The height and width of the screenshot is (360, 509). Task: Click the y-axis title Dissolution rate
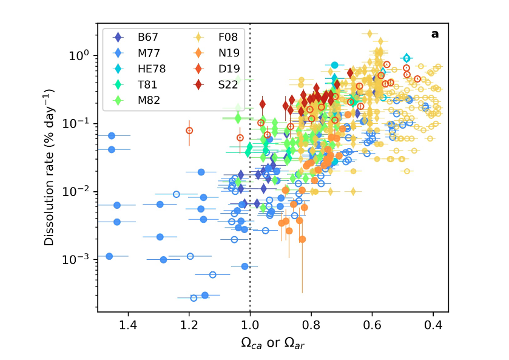50,168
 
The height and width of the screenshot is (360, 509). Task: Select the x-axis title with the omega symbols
273,343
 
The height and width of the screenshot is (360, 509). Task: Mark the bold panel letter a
434,35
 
